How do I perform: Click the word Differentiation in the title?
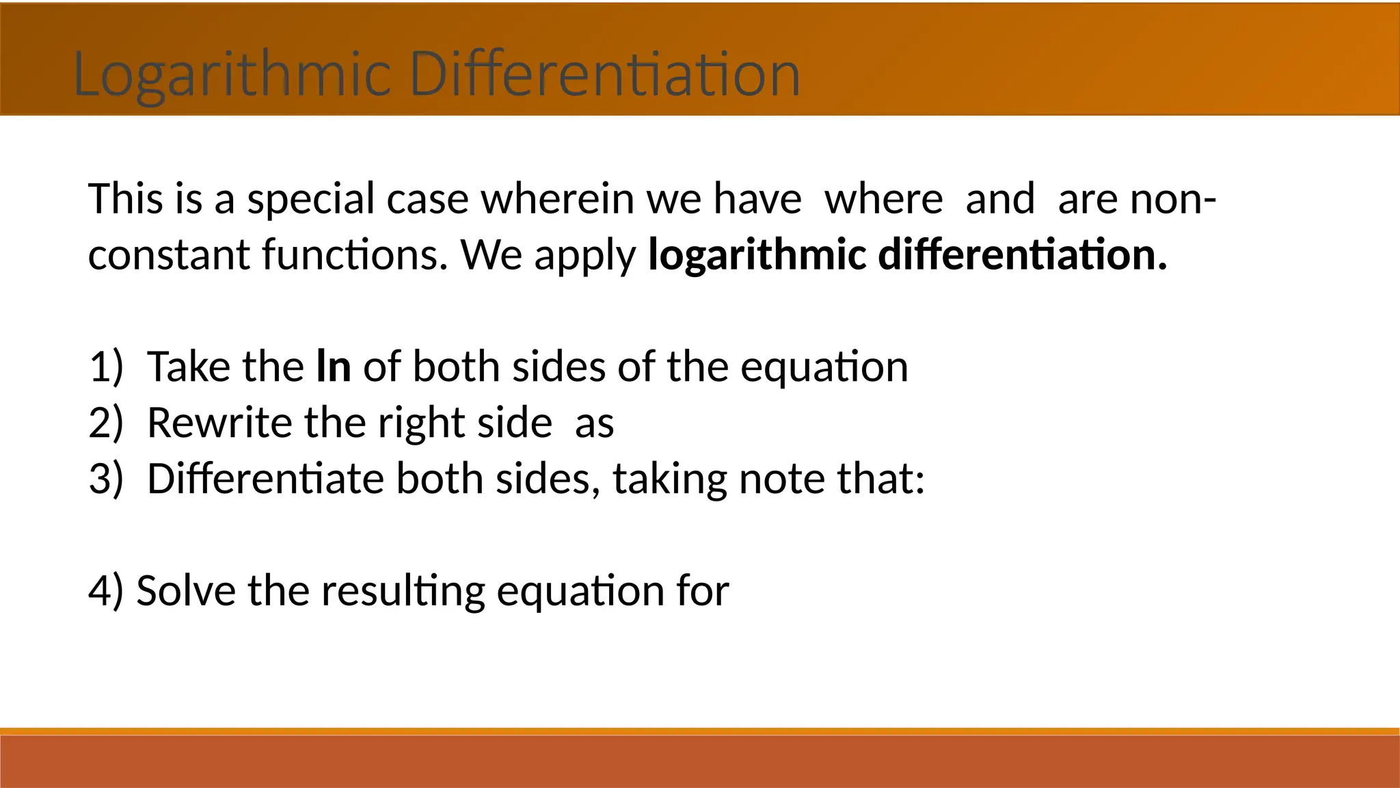coord(605,74)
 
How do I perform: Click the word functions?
coord(355,254)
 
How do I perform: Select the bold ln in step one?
coord(334,367)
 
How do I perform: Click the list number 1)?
coord(106,367)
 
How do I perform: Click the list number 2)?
coord(106,423)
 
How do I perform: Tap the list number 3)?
coord(106,479)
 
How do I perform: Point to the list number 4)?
coord(106,591)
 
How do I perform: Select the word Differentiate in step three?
coord(265,479)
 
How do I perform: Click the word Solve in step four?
coord(185,591)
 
